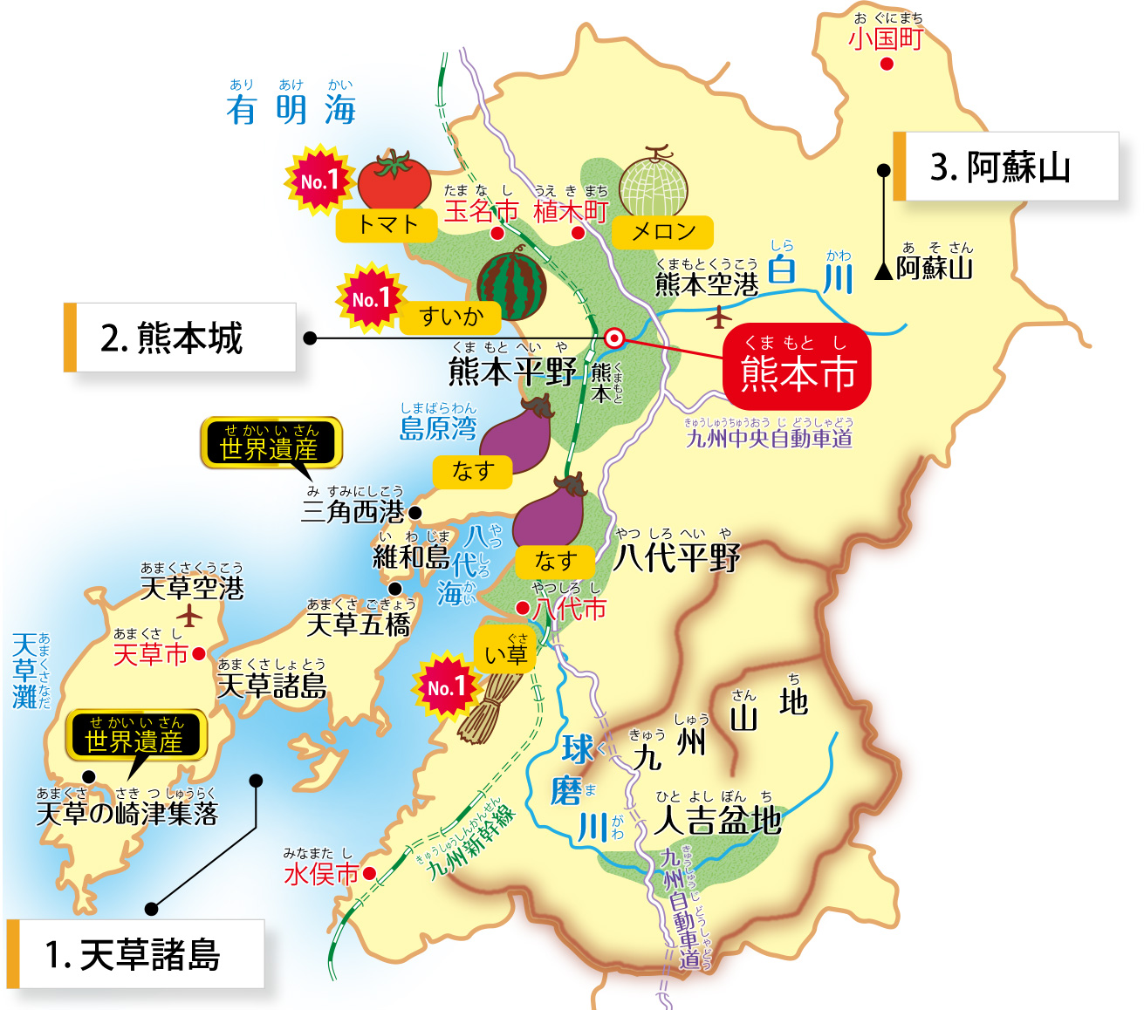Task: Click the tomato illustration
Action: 394,180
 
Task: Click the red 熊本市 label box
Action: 797,366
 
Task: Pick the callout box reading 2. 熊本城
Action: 180,338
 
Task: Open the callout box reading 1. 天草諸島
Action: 135,954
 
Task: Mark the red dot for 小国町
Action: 887,64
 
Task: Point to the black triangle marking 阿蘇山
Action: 883,271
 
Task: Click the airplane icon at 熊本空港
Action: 718,318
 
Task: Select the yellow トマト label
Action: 388,225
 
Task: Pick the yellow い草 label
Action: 505,652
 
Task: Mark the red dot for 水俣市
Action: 369,873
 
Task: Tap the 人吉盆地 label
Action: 717,820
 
